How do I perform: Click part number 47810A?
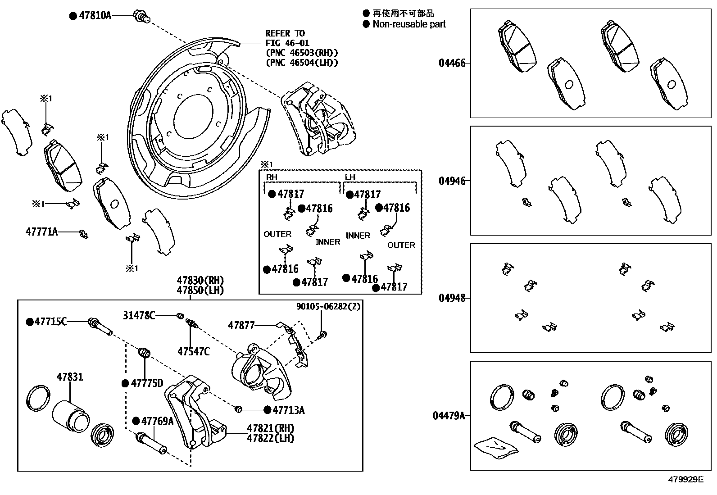(95, 15)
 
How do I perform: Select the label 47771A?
(41, 232)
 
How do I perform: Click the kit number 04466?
(452, 63)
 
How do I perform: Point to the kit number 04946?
(452, 181)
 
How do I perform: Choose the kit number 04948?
(452, 298)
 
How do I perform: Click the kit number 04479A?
(449, 415)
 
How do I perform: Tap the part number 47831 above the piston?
(70, 377)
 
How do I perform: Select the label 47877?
(241, 325)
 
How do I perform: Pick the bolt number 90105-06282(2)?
(328, 307)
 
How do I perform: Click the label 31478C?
(139, 316)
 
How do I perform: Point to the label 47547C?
(193, 351)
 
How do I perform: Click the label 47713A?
(289, 410)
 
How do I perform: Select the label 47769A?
(157, 421)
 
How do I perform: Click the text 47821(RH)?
(270, 428)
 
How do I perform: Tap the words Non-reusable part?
(409, 24)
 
